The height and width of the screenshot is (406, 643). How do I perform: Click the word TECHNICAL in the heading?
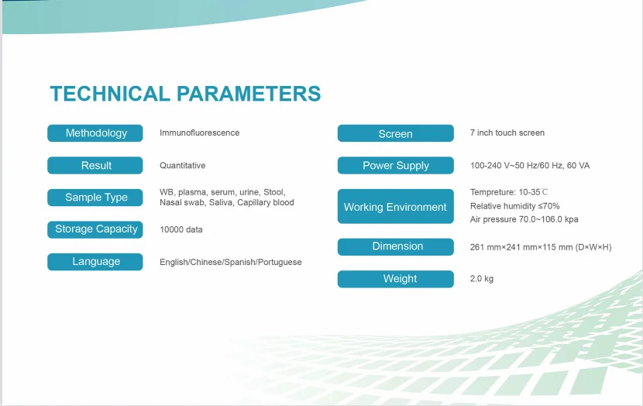coord(110,94)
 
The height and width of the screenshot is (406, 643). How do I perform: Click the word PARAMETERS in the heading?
coord(249,94)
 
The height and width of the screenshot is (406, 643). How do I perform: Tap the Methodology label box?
coord(95,133)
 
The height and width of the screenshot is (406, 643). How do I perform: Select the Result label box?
coord(95,165)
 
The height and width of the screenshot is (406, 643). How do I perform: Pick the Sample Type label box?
coord(95,198)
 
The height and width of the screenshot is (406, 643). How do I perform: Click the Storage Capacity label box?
coord(95,229)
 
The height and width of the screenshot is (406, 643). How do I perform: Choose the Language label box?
coord(95,262)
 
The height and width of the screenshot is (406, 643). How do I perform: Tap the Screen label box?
coord(396,133)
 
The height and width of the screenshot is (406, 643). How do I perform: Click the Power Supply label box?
coord(396,165)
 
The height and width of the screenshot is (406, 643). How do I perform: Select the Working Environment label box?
coord(396,206)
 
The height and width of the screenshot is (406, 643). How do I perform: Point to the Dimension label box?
coord(396,247)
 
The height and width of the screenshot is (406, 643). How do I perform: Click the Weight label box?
coord(396,279)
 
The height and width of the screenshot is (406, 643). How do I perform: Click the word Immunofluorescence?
coord(200,132)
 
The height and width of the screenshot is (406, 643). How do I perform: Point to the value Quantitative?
coord(183,166)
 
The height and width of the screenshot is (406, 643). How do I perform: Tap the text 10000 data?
coord(181,229)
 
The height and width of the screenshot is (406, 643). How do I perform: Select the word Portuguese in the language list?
coord(280,263)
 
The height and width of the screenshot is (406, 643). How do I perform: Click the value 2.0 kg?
coord(482,279)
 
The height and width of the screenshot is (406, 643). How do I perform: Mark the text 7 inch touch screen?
coord(507,132)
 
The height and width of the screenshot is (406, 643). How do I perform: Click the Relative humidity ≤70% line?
coord(515,206)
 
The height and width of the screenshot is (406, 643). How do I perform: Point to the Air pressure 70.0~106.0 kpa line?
coord(524,219)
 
